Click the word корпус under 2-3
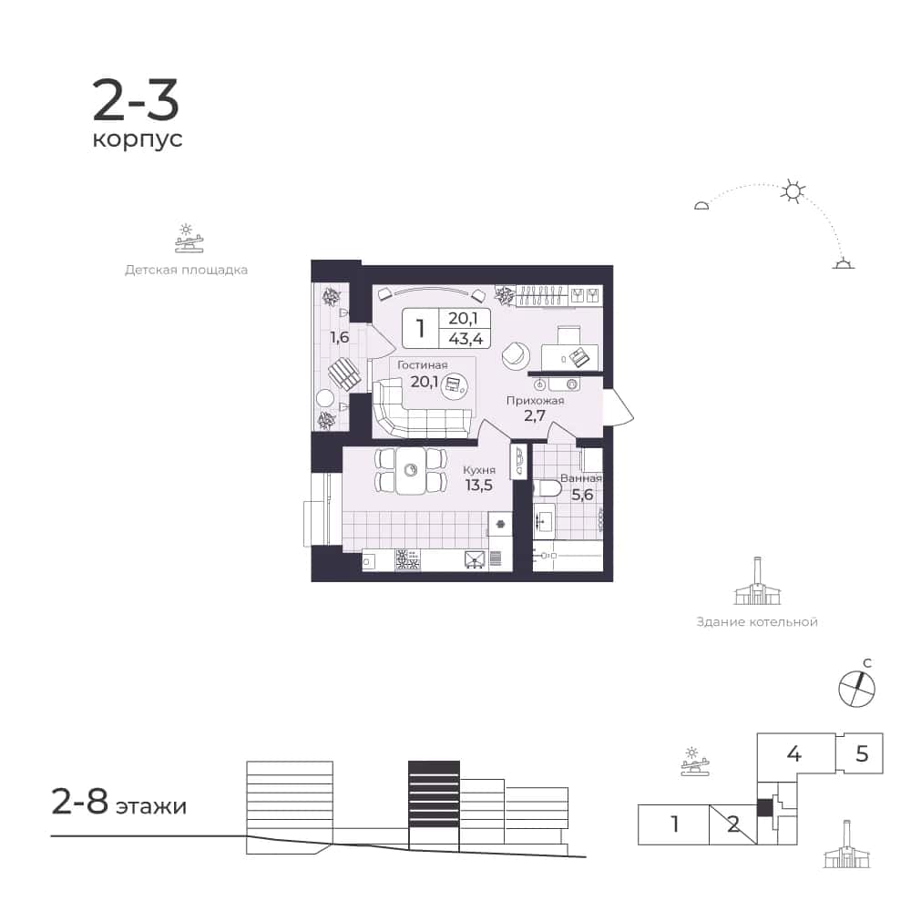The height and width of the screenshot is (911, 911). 138,140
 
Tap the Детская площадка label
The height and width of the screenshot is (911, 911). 187,270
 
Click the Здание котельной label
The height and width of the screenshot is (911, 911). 757,621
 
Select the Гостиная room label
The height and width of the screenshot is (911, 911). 423,365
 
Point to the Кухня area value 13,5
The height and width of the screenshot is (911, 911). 479,486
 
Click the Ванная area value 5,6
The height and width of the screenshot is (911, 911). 582,495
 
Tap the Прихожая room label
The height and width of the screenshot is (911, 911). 535,400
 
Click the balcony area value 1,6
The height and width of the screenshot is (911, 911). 339,337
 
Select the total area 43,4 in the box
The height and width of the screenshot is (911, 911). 466,338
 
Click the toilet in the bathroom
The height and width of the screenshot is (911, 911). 548,487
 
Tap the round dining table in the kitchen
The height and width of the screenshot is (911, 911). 412,471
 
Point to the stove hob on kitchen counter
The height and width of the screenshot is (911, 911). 407,559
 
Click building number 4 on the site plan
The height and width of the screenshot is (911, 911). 793,753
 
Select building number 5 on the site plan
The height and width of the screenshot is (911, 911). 862,753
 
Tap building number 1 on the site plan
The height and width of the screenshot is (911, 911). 674,824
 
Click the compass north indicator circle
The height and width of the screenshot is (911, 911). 856,689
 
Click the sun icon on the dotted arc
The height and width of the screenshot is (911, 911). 793,190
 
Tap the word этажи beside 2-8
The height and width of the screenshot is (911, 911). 151,806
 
